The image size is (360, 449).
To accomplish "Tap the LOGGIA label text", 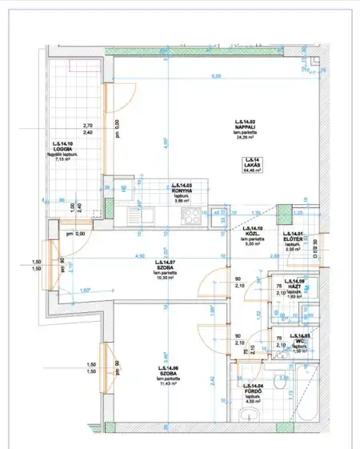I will point(63,148).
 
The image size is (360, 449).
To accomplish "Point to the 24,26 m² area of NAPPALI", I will point(246,138).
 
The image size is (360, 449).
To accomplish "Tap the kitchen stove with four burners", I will point(191,214).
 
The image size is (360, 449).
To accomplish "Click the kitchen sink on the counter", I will point(145,214).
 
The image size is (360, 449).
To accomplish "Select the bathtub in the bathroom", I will point(304,397).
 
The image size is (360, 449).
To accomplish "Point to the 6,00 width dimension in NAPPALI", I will point(215,77).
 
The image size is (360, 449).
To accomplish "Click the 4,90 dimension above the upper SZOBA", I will point(140,256).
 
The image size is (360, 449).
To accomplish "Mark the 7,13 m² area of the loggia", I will point(63,159).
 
